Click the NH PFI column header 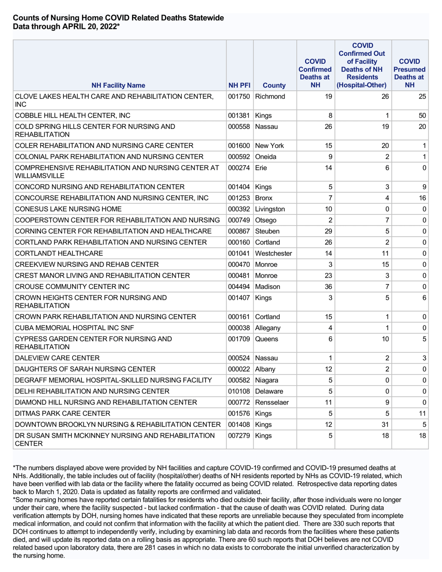point(240,86)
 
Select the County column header point(275,86)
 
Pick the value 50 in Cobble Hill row point(422,115)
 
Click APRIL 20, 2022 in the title point(90,27)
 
